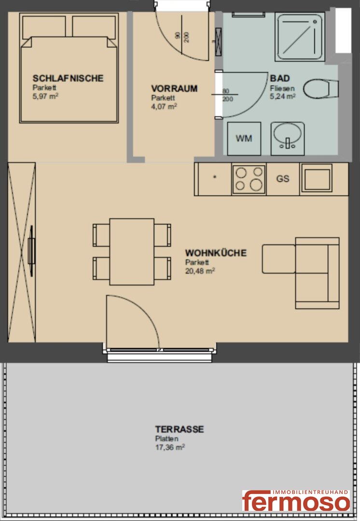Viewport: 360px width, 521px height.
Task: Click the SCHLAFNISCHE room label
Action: tap(68, 79)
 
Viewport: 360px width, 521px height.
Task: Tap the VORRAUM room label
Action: tap(174, 89)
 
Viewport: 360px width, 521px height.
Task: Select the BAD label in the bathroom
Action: tap(280, 79)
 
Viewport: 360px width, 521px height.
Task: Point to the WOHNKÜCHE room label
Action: tap(216, 253)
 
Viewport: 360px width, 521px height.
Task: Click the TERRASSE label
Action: tap(180, 429)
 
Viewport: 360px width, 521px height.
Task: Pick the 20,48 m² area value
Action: tap(200, 271)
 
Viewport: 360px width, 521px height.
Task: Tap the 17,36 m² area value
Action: tap(170, 447)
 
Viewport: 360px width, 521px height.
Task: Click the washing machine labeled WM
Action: tap(244, 138)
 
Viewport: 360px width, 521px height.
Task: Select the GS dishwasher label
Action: tap(283, 179)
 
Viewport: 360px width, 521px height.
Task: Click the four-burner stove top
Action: tap(249, 179)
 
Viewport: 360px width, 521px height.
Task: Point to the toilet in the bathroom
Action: tap(320, 89)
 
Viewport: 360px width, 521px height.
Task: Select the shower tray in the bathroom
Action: tap(300, 37)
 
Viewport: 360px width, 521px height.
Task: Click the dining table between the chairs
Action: tap(132, 251)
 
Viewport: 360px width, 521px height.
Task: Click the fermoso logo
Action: tap(296, 500)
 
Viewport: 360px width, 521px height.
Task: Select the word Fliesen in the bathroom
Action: tap(282, 88)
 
